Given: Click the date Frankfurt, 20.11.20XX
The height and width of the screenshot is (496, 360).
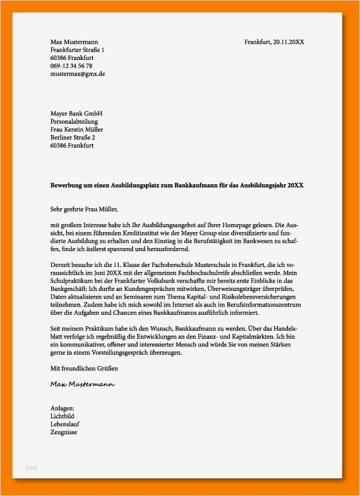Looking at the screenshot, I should pos(274,42).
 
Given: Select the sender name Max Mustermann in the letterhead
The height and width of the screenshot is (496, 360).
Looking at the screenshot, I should pos(75,42).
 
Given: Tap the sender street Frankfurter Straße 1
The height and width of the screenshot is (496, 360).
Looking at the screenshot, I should pos(78,50).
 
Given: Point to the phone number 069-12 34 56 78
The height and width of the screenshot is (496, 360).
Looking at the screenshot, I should pos(71,66).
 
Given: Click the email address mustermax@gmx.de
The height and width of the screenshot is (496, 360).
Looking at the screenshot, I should pos(78,74).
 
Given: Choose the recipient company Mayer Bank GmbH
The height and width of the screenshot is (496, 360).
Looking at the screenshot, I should pos(76,114).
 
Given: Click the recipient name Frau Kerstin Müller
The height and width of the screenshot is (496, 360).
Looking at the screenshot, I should pos(77,130).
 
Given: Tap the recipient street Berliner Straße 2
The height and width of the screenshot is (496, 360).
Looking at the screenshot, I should pos(73,138).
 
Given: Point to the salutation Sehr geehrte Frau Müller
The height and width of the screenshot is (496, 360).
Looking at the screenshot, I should pos(84,209).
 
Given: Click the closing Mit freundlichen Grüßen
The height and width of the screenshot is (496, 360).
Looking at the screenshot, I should pos(84,368).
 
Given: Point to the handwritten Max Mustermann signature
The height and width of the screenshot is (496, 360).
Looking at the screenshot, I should pos(83,384).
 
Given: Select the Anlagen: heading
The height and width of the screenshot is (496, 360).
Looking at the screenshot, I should pos(63,408).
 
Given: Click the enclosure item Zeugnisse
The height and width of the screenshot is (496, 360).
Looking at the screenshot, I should pos(64,433).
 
